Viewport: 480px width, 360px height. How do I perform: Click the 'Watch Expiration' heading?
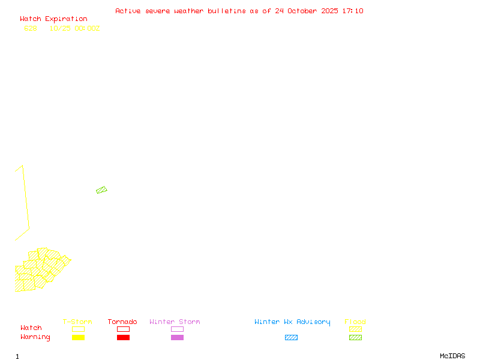coord(53,19)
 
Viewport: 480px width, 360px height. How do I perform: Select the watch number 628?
coord(31,28)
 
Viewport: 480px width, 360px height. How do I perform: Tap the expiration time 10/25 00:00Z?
coord(74,28)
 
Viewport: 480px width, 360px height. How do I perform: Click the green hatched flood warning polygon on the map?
coord(101,190)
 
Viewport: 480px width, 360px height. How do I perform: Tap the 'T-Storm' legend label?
coord(77,322)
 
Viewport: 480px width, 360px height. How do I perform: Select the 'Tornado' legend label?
coord(122,322)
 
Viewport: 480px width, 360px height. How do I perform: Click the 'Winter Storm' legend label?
coord(175,322)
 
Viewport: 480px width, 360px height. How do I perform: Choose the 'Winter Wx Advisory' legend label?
coord(292,322)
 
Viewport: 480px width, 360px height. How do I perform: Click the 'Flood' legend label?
coord(355,322)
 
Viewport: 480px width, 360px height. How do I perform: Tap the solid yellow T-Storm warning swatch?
coord(78,338)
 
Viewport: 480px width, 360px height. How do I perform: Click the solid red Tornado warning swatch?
coord(123,338)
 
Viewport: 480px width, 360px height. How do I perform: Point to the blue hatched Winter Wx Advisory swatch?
coord(291,338)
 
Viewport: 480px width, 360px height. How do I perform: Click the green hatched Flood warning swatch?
coord(355,338)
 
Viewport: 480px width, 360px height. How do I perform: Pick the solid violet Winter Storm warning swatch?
coord(177,338)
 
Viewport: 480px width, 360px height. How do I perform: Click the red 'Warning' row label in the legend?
coord(35,337)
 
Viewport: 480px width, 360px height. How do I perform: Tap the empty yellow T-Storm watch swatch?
coord(78,329)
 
